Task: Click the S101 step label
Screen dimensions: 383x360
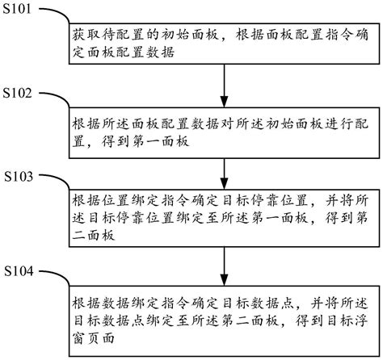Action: tap(17, 9)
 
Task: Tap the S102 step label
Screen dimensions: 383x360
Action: tap(17, 93)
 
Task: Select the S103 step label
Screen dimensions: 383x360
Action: tap(19, 177)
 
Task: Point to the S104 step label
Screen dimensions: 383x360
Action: tap(19, 271)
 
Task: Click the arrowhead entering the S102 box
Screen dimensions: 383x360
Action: tap(224, 102)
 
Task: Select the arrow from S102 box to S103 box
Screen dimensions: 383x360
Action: tap(224, 174)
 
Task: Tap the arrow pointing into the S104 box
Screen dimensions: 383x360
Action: tap(224, 266)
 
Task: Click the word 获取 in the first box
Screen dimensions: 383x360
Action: tap(86, 36)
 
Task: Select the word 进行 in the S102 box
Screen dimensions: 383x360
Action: tap(339, 124)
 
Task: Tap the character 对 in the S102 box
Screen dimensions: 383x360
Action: tap(227, 124)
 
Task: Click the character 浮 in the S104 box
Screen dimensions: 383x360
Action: tap(361, 320)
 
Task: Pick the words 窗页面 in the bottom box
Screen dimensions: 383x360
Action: tap(93, 338)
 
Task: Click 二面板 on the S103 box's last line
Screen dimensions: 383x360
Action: tap(93, 236)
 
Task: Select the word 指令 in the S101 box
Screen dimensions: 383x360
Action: tap(339, 36)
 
